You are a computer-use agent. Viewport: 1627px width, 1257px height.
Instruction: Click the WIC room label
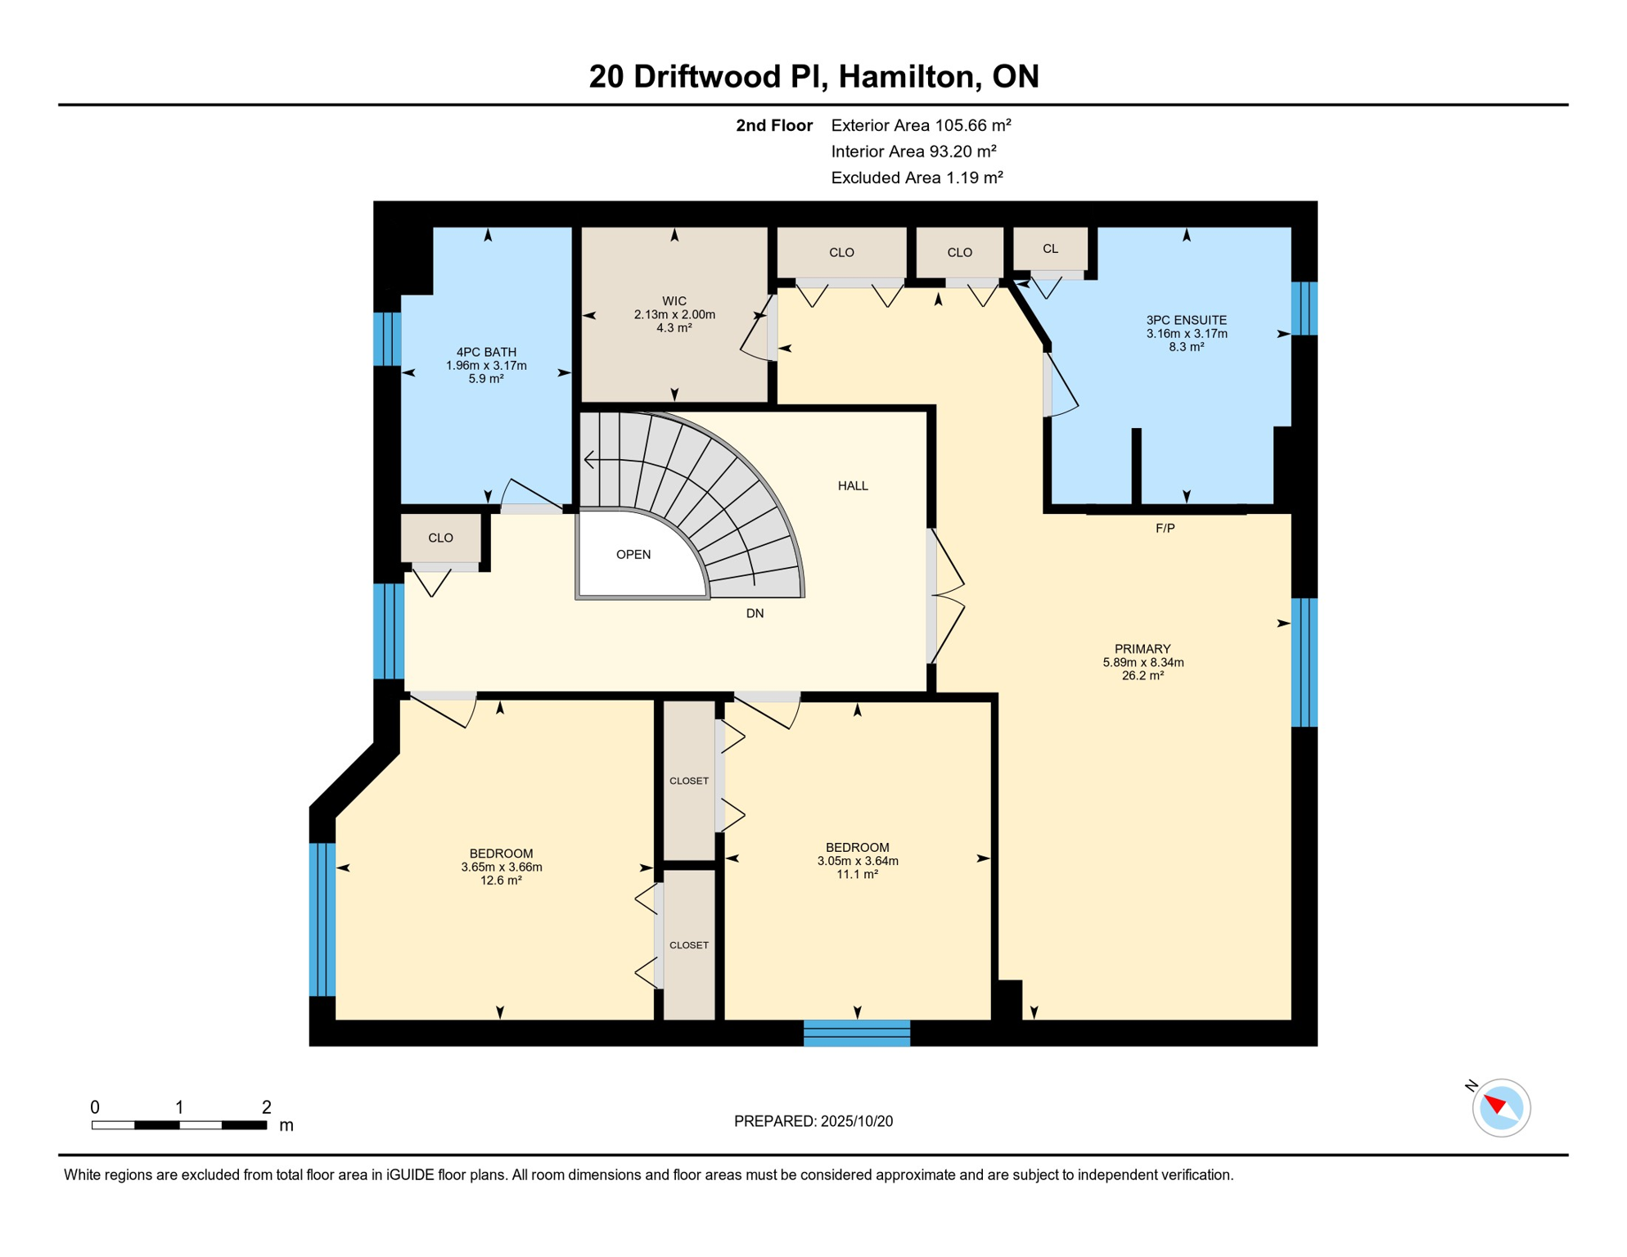coord(674,301)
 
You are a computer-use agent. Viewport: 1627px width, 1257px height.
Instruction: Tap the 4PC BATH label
coord(486,353)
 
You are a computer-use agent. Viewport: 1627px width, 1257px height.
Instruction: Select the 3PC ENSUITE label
coord(1186,321)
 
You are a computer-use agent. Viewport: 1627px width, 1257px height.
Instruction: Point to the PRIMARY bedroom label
coord(1143,649)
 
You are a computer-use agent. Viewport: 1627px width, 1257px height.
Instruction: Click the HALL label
coord(853,486)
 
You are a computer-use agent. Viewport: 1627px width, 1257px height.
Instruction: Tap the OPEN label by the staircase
coord(633,555)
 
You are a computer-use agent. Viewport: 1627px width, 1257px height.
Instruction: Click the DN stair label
coord(755,614)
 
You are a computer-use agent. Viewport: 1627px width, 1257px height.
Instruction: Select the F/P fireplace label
coord(1165,529)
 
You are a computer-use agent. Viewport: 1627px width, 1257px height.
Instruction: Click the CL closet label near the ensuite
coord(1051,249)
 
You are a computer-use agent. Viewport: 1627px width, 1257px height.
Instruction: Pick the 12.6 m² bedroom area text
coord(501,881)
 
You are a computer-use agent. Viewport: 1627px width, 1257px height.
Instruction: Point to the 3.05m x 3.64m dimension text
coord(858,861)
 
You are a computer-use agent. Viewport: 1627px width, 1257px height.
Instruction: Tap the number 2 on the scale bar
coord(266,1107)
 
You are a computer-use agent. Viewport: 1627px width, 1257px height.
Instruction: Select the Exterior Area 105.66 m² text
coord(921,125)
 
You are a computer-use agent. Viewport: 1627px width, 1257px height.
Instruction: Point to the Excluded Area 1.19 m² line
coord(917,178)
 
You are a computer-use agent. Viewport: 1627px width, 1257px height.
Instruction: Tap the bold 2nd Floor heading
coord(774,125)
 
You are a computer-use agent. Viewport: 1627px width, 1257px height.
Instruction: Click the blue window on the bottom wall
coord(857,1033)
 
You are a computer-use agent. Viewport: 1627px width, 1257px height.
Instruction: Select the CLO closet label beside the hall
coord(440,538)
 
